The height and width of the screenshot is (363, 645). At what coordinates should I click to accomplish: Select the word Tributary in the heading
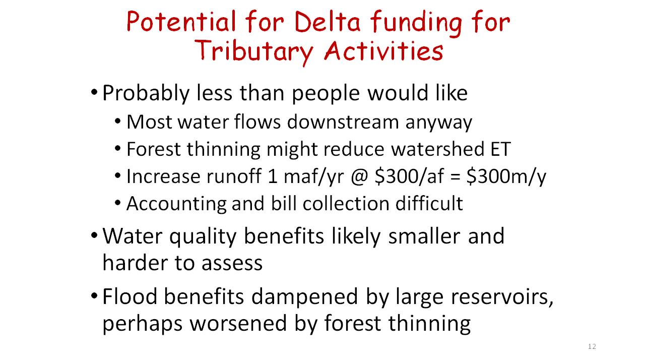coord(254,51)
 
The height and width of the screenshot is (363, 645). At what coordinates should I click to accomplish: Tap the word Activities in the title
coord(383,51)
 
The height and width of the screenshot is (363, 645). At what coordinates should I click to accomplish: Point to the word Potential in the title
coord(181,22)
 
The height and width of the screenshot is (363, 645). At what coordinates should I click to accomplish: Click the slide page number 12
coord(592,346)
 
